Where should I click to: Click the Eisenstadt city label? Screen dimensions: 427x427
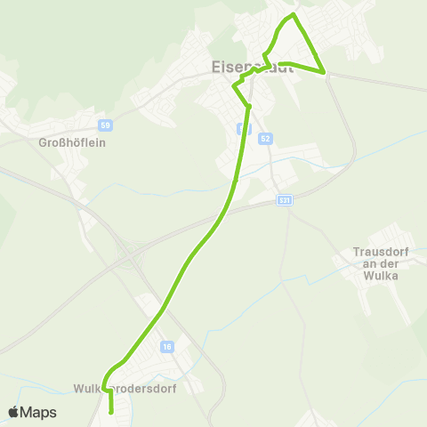pos(253,67)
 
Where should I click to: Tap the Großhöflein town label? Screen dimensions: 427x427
pos(72,142)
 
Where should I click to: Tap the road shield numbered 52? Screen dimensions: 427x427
pos(265,139)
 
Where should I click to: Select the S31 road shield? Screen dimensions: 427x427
pos(284,201)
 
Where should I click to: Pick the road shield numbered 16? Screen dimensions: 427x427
pos(166,346)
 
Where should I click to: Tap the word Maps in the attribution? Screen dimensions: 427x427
pos(39,413)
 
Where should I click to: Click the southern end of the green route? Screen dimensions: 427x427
pos(110,412)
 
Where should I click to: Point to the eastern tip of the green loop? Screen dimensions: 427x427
pos(324,71)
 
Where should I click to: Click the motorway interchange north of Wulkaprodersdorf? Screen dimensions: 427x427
pos(132,256)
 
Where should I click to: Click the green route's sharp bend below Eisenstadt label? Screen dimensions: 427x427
pos(236,86)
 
